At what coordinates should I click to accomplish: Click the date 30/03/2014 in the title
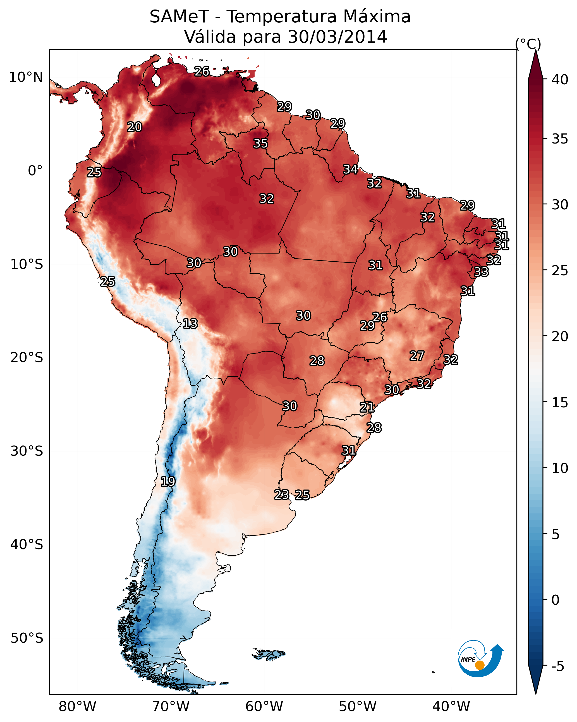(337, 37)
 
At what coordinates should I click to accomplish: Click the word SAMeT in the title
(179, 17)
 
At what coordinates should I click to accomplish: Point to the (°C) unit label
(528, 44)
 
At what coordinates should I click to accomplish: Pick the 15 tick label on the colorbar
(560, 403)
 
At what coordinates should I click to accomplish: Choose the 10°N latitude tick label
(26, 77)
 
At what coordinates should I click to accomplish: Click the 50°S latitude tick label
(27, 638)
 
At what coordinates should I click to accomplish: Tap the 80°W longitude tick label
(77, 707)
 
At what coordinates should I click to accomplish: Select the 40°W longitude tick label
(451, 707)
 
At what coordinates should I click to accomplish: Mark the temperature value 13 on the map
(190, 324)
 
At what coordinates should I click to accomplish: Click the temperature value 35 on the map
(260, 143)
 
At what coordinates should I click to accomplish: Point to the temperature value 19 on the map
(168, 482)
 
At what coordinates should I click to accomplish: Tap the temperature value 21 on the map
(367, 407)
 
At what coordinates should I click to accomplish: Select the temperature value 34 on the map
(351, 169)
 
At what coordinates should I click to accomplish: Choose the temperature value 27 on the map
(417, 356)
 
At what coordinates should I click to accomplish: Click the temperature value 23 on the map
(282, 495)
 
